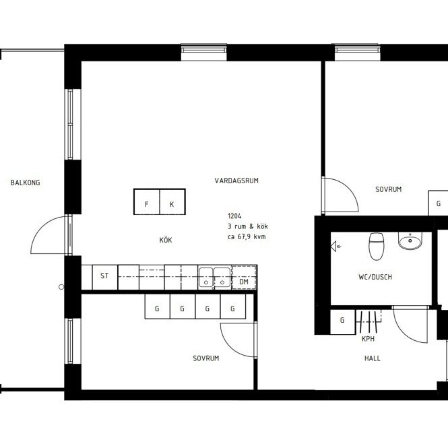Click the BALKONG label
[x=25, y=183]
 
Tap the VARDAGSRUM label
[x=236, y=181]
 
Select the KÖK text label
[x=166, y=240]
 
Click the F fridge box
[x=147, y=201]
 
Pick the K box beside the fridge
[x=172, y=201]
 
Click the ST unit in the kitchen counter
[x=104, y=277]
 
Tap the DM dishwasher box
[x=244, y=278]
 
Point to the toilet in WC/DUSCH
[x=376, y=247]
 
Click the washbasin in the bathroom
[x=410, y=241]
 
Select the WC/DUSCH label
[x=375, y=277]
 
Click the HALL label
[x=373, y=358]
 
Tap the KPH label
[x=368, y=339]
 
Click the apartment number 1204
[x=234, y=216]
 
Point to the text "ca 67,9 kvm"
[x=247, y=236]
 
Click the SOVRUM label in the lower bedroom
[x=205, y=358]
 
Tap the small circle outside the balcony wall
[x=61, y=287]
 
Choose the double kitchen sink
[x=215, y=277]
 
